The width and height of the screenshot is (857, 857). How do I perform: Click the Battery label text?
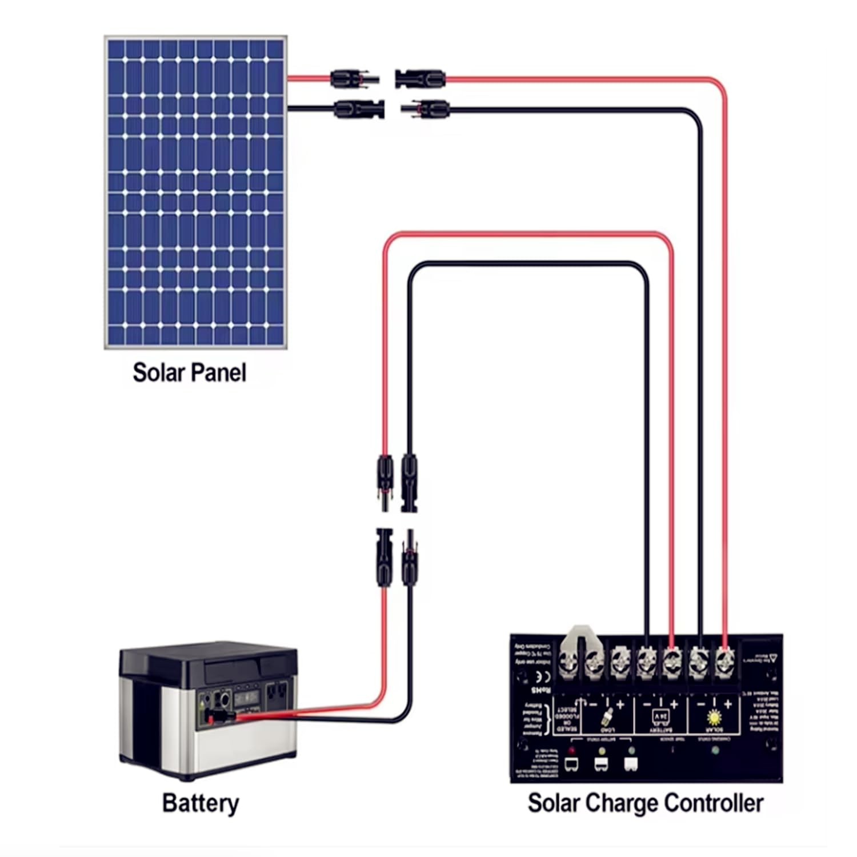tap(201, 803)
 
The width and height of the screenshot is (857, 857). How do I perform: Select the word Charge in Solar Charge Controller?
tap(623, 803)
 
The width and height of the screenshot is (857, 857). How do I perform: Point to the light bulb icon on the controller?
tap(607, 718)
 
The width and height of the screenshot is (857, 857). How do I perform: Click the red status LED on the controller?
tap(571, 750)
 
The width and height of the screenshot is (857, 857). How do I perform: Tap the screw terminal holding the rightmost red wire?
tap(724, 663)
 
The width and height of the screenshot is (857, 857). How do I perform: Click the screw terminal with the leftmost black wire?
tap(646, 663)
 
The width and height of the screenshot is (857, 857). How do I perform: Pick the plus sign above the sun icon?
tap(728, 704)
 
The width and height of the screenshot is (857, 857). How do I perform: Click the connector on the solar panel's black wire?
tap(359, 108)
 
